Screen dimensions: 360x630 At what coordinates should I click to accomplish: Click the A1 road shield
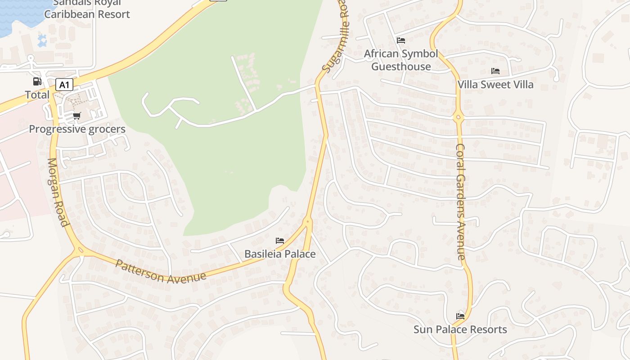pos(64,85)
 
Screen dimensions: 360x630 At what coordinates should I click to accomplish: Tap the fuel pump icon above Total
pos(37,81)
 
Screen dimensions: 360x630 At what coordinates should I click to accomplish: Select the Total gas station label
pos(37,95)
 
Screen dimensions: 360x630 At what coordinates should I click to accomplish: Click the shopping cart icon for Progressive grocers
pos(77,116)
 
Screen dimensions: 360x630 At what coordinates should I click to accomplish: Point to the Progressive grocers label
pos(77,129)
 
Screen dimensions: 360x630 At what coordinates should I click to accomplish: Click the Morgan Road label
pos(58,192)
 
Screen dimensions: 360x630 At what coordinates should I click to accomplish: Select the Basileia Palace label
pos(280,254)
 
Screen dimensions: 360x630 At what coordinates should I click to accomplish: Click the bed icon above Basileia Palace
pos(280,241)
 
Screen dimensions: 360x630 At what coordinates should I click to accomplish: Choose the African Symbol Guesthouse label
pos(401,60)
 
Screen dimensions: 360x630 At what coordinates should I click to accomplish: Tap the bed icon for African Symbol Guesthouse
pos(401,40)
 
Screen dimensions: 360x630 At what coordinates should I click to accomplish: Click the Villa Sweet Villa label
pos(495,84)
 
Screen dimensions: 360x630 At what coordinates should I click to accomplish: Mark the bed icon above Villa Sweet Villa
pos(495,71)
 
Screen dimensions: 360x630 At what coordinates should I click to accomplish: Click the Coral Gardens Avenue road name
pos(460,202)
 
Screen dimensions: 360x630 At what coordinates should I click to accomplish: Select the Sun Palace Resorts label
pos(460,329)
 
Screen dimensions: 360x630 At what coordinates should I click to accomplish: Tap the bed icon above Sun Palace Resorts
pos(460,316)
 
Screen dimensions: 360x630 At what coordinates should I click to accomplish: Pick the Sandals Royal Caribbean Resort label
pos(87,9)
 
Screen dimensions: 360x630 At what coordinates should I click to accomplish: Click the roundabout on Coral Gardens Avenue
pos(459,117)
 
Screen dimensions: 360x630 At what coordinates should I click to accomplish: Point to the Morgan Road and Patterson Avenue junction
pos(80,250)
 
